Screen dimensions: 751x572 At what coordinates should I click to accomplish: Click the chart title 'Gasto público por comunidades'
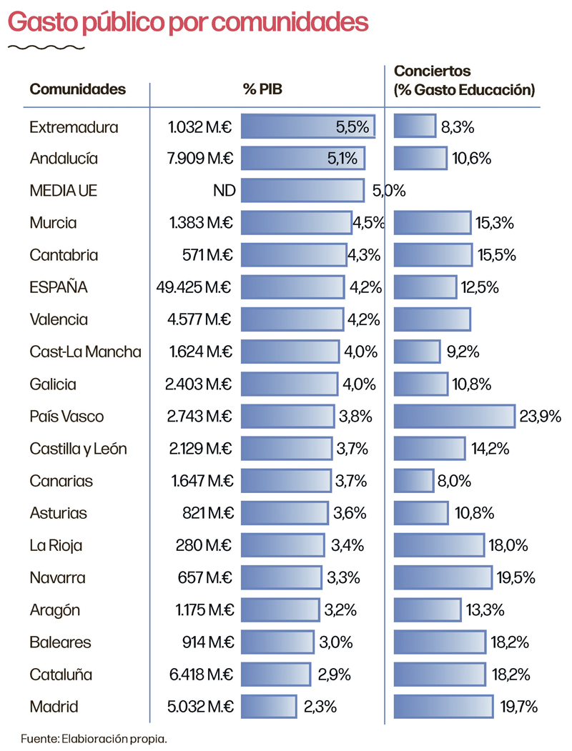[x=188, y=22]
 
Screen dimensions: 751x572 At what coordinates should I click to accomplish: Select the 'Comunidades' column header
[x=77, y=89]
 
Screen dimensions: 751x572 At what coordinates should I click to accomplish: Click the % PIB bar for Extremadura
[x=308, y=126]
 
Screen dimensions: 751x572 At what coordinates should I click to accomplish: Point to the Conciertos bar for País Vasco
[x=454, y=417]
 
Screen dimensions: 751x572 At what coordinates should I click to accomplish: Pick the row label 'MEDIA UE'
[x=64, y=191]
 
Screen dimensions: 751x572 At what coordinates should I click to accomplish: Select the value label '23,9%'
[x=540, y=417]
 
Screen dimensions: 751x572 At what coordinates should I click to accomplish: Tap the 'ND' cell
[x=223, y=191]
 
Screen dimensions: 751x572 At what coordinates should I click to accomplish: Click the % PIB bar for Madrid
[x=269, y=707]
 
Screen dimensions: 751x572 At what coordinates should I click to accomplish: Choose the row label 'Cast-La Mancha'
[x=85, y=352]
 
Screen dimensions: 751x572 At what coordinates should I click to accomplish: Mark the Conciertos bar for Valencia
[x=432, y=319]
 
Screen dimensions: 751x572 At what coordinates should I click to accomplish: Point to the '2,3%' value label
[x=320, y=707]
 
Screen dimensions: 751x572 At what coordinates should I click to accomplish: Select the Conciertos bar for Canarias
[x=413, y=481]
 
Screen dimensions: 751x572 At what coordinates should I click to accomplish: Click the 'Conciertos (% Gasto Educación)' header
[x=464, y=81]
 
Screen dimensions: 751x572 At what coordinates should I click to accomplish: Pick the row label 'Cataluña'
[x=61, y=675]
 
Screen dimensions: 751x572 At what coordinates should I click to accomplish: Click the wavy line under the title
[x=46, y=48]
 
